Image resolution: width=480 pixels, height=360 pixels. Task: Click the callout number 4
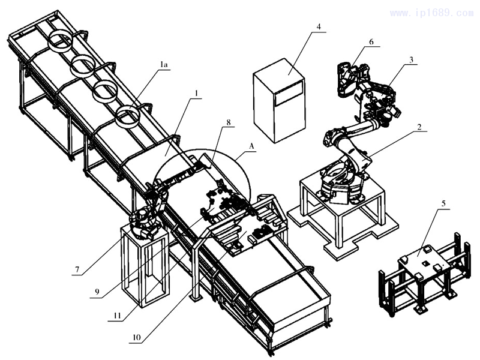319,27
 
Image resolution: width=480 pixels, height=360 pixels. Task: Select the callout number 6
371,43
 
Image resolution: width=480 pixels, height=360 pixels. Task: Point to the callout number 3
411,60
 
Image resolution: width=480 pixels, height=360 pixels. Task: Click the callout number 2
420,127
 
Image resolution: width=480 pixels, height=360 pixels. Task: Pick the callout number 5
443,203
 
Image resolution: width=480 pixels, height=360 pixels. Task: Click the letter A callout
251,145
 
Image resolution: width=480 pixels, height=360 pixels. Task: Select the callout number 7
77,271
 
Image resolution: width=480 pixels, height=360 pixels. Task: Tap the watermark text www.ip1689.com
431,13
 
